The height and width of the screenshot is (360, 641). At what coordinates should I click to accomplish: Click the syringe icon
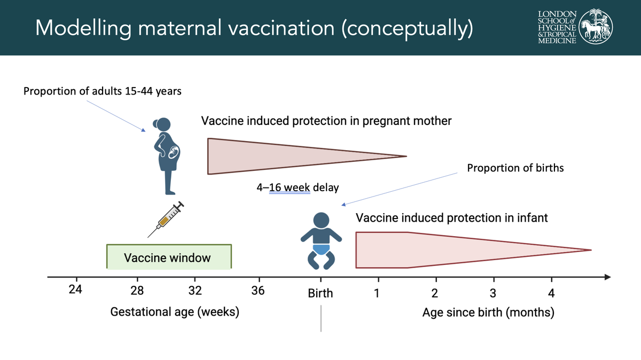(166, 219)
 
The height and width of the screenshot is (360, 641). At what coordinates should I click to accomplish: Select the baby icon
(321, 241)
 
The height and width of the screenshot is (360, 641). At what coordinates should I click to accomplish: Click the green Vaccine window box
(169, 257)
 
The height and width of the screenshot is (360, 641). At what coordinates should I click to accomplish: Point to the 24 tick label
(75, 289)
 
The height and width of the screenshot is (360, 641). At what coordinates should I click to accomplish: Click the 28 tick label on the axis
(137, 291)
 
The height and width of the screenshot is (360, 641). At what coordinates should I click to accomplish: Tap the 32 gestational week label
(195, 291)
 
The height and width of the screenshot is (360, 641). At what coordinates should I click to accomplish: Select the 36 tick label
(258, 291)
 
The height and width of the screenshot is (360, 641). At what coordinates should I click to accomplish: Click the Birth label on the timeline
(320, 293)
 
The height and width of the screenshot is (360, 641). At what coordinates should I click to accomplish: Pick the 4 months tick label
(551, 293)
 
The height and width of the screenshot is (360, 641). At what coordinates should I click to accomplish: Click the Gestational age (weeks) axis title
(175, 312)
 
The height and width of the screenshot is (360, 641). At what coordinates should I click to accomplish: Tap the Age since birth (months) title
(488, 312)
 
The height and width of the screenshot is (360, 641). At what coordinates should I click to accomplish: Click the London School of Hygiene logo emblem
(596, 26)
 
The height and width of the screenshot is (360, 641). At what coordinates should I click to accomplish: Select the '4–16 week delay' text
(298, 187)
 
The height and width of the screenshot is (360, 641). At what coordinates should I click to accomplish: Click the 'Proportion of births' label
(515, 168)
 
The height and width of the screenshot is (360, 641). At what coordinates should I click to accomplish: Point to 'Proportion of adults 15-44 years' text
(103, 91)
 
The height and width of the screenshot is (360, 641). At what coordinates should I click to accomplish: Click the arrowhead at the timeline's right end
(607, 277)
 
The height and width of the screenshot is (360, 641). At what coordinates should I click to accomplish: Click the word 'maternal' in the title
(179, 28)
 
